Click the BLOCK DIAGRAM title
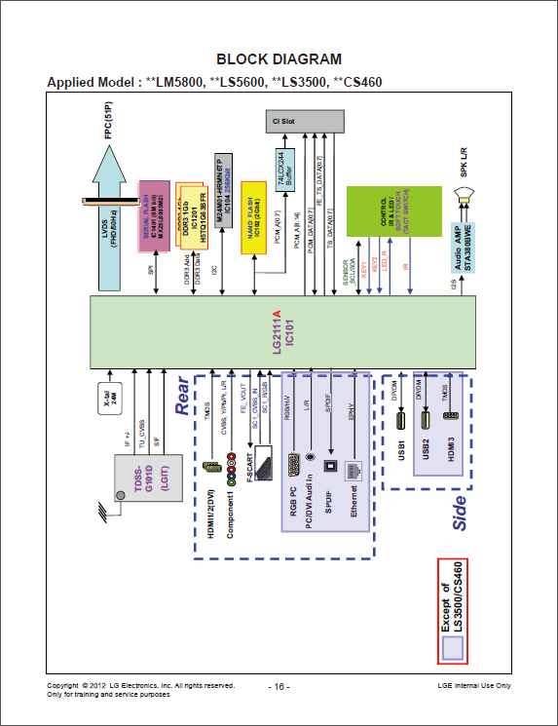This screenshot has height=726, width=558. click(279, 59)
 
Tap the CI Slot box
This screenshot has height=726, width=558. click(304, 121)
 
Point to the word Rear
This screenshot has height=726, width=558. click(182, 398)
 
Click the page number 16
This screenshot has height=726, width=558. click(279, 687)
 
